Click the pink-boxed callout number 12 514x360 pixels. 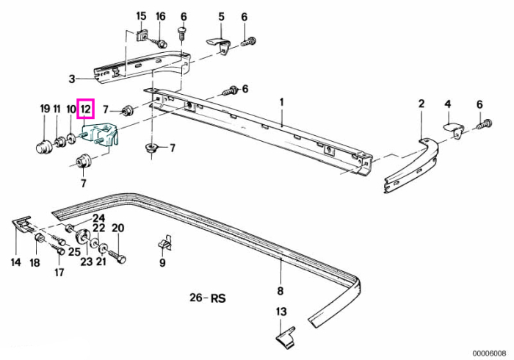85,109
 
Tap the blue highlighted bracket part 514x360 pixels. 101,134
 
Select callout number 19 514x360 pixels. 45,109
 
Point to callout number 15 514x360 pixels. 141,16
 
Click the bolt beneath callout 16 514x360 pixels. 158,42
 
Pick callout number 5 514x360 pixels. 221,16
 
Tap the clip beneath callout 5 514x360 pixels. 217,46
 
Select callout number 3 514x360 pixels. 72,79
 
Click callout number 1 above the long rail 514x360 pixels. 281,102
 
